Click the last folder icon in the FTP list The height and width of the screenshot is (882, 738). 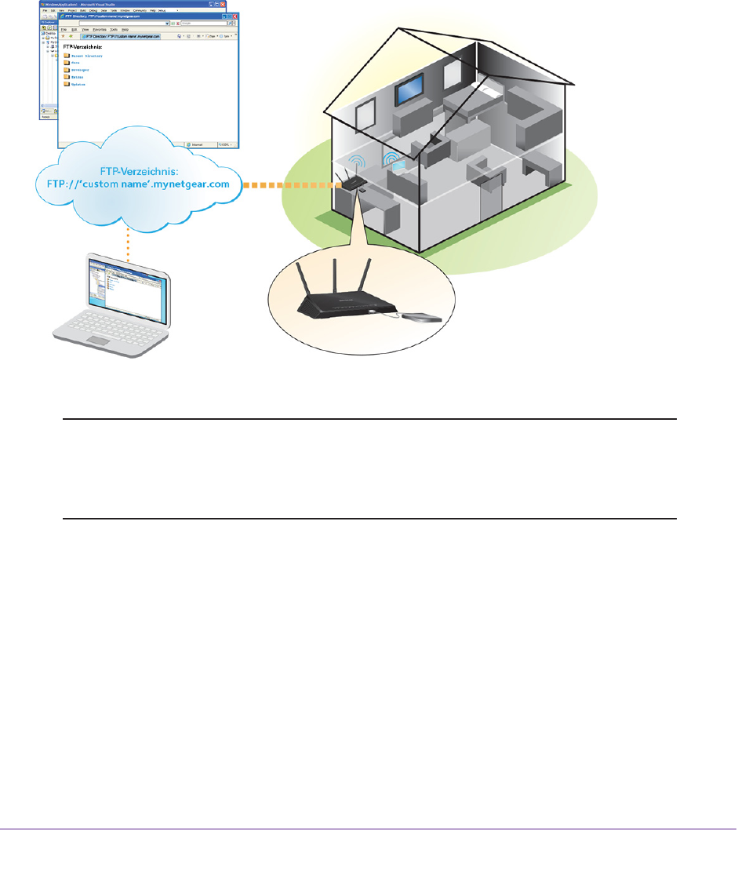tap(67, 84)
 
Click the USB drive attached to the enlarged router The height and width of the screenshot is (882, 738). tap(421, 317)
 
